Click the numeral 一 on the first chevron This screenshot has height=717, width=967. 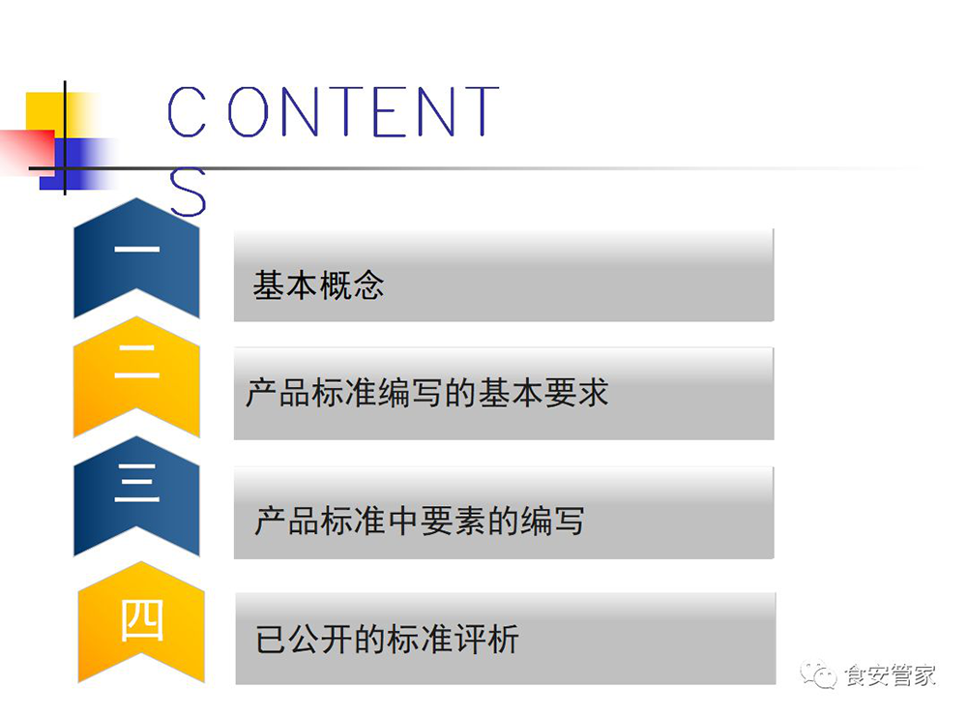(137, 250)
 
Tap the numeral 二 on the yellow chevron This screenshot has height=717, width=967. (137, 362)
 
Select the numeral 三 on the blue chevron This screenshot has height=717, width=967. (137, 482)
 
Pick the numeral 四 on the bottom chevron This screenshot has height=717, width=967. (141, 620)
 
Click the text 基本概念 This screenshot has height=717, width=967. (318, 285)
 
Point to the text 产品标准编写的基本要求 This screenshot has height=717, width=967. (427, 393)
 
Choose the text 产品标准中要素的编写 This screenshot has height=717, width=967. (420, 521)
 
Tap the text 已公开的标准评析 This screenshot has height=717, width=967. (388, 639)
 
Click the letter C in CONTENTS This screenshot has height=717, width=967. (187, 111)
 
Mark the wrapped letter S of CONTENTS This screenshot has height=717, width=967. (188, 192)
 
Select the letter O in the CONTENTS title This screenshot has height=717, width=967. (248, 111)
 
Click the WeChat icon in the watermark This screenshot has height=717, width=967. (818, 674)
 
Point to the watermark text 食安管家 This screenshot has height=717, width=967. (890, 675)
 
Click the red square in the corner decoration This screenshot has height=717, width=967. (28, 150)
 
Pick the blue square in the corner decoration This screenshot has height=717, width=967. (71, 164)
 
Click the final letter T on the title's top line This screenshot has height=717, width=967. (483, 111)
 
